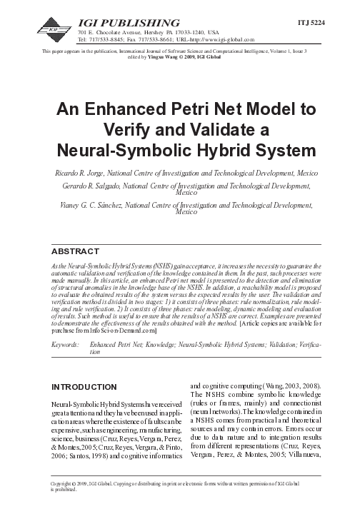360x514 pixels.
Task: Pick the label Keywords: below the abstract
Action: click(x=66, y=345)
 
